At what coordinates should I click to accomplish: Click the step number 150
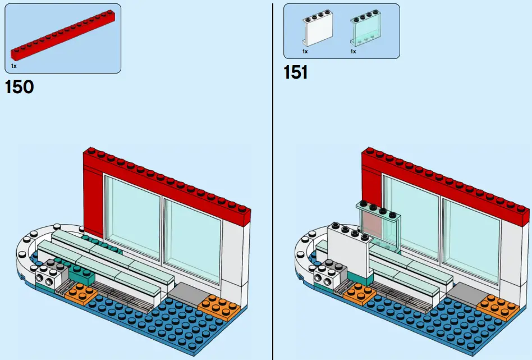point(19,87)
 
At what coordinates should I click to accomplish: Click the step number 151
point(295,72)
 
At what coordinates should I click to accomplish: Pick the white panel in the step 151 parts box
point(313,31)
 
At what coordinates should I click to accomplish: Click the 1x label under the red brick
point(13,66)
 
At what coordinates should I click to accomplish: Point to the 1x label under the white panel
point(305,52)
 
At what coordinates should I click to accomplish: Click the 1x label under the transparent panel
point(353,52)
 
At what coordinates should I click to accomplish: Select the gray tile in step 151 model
point(465,293)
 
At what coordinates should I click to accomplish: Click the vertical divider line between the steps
point(273,180)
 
